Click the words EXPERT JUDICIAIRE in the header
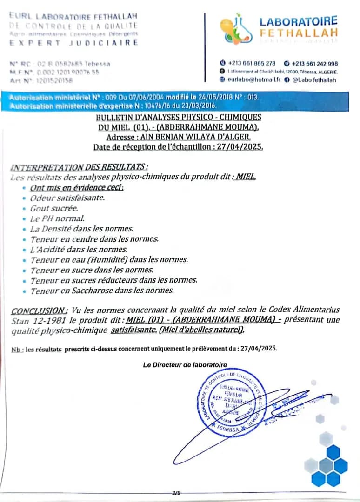pyautogui.click(x=74, y=43)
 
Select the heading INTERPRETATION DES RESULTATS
pyautogui.click(x=80, y=167)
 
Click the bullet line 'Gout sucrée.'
pyautogui.click(x=54, y=208)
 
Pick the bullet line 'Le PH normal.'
pyautogui.click(x=57, y=218)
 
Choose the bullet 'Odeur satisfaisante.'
pyautogui.click(x=67, y=198)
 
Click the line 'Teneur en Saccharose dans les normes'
pyautogui.click(x=102, y=291)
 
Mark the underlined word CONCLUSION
pyautogui.click(x=40, y=310)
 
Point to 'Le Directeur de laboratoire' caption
pyautogui.click(x=185, y=365)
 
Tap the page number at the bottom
pyautogui.click(x=175, y=492)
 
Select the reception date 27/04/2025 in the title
pyautogui.click(x=242, y=147)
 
